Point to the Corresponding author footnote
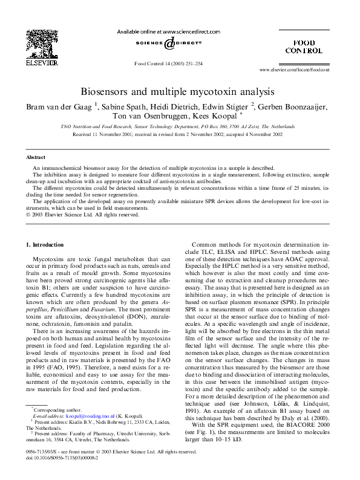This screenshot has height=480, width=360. tap(52, 410)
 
